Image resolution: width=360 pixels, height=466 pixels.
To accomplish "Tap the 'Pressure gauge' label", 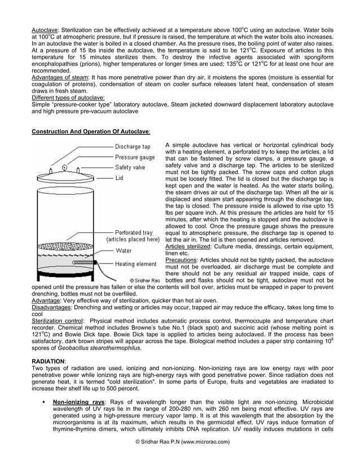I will coord(135,158).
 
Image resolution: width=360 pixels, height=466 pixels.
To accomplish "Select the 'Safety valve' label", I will coord(131,168).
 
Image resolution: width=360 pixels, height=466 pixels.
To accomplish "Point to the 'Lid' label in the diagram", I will coord(120,177).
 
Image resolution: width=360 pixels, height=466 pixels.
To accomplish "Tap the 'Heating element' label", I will coord(136,263).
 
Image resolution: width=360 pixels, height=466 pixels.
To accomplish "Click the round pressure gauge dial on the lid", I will coord(64,168).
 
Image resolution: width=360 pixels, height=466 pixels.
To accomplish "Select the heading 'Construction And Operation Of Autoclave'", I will coord(91,131).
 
